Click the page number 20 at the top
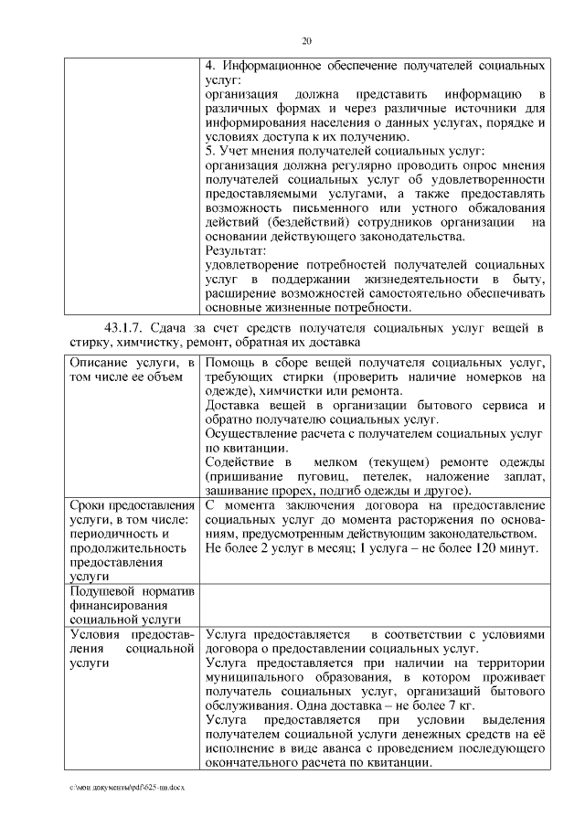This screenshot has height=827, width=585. coord(306,40)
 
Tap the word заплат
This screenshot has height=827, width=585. coord(524,476)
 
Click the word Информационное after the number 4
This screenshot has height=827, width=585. coord(275,67)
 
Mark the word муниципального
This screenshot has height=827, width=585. coord(258,677)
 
